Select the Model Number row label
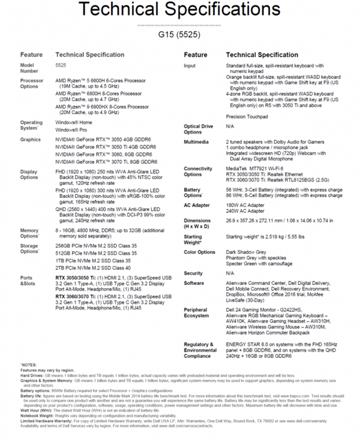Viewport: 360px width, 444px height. click(x=28, y=68)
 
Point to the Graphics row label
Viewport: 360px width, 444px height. click(x=31, y=139)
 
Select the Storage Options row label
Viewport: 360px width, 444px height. click(x=31, y=248)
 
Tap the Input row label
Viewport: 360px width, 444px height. click(x=190, y=65)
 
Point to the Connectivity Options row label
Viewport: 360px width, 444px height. click(x=199, y=172)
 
